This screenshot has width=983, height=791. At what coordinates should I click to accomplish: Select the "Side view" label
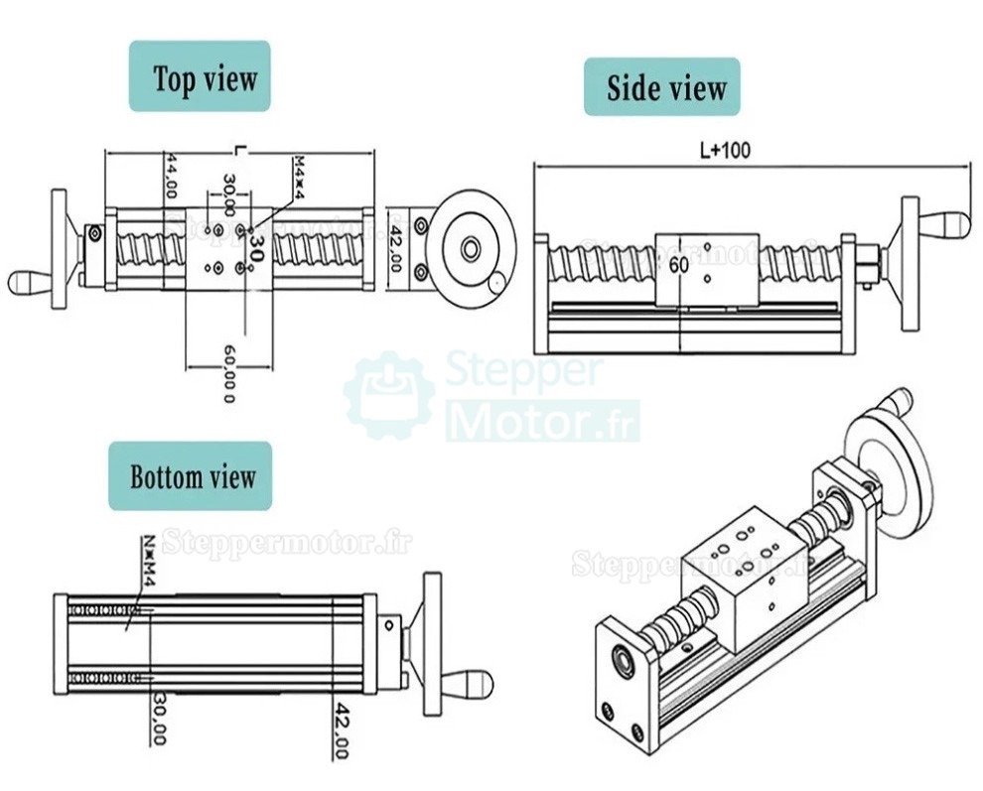pos(661,87)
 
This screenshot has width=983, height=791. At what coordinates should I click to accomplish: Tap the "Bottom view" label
pos(191,476)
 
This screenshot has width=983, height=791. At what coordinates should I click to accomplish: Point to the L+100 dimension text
pos(725,151)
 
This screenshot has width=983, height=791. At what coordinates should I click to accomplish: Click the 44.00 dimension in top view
pos(171,176)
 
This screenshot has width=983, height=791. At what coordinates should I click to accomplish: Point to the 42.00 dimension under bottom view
pos(341,732)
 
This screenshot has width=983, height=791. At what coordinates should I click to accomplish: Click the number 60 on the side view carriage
pos(679,266)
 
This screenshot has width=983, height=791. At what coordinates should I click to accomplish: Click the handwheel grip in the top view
pos(30,282)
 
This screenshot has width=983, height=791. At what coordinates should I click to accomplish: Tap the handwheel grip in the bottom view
pos(466,684)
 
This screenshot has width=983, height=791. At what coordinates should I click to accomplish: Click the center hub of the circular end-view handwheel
pos(472,248)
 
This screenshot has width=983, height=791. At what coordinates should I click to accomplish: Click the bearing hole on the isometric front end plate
pos(625,656)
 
